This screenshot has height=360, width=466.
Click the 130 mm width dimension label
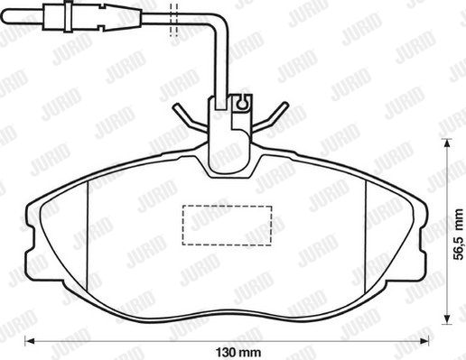point(238,352)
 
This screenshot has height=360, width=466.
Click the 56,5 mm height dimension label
point(459,235)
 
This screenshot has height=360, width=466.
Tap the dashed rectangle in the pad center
point(227,226)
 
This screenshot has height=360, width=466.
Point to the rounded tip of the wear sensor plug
point(6,15)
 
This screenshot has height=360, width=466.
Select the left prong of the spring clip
point(191,117)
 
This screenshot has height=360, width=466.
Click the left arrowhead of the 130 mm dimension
point(29,341)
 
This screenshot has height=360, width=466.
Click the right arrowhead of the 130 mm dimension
point(424,341)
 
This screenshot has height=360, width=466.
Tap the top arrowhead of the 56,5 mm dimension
point(446,143)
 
